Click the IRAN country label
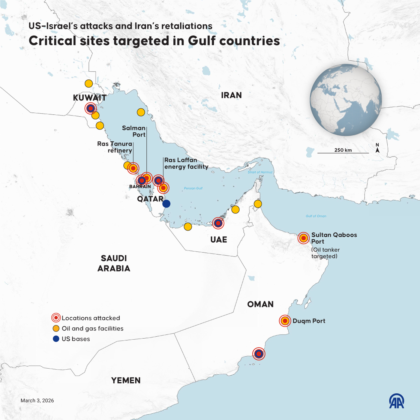(231, 95)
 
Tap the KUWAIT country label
(90, 98)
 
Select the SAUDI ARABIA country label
(114, 263)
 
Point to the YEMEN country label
(126, 380)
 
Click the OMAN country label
(260, 304)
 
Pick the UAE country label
(219, 239)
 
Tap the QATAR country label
(150, 199)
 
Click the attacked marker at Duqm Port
(285, 321)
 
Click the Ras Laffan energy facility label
(186, 163)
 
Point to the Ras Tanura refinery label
(115, 147)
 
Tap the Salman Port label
(134, 131)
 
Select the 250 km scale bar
(343, 153)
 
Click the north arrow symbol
(378, 148)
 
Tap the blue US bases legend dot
(56, 339)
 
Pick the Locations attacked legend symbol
(56, 318)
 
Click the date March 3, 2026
(37, 400)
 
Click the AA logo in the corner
(396, 401)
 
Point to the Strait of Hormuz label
(260, 172)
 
